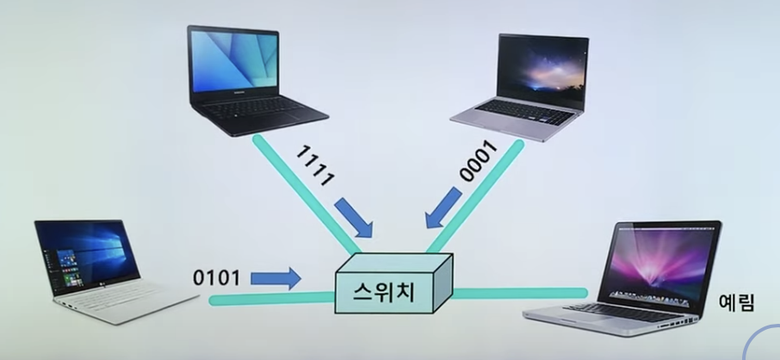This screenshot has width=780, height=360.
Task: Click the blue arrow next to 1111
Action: tap(353, 216)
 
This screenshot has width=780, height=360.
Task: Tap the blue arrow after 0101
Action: tap(275, 277)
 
